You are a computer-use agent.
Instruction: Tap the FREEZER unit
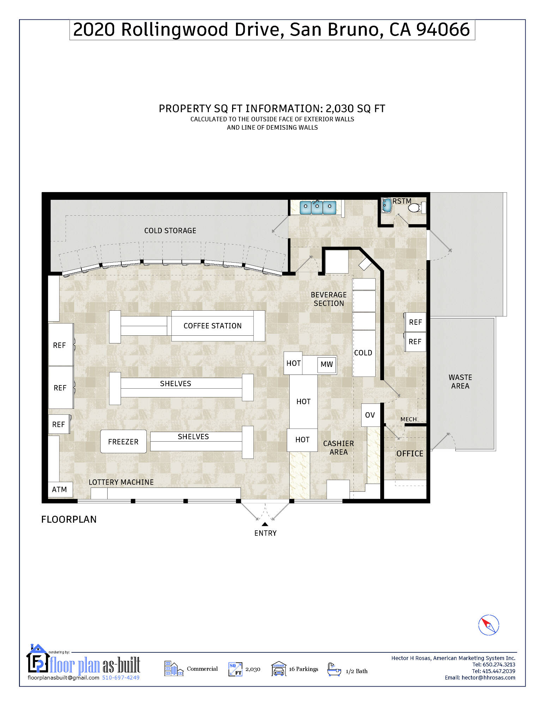tap(123, 442)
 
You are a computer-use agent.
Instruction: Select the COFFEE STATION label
tap(213, 326)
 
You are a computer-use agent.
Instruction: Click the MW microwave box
tap(327, 365)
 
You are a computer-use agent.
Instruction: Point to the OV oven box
tap(370, 415)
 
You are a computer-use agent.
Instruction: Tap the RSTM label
tap(402, 201)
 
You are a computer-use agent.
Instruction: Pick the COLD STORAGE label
tap(170, 231)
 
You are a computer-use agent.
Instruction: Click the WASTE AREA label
tap(460, 382)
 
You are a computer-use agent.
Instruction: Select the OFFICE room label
tap(410, 454)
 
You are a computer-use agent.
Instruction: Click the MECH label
tap(408, 419)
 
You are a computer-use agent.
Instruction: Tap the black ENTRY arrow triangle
tap(265, 524)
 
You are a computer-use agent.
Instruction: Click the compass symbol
tap(489, 625)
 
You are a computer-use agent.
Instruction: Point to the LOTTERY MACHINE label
tap(121, 482)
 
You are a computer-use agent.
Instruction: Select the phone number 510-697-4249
tap(121, 678)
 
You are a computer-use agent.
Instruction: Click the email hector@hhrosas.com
tap(489, 678)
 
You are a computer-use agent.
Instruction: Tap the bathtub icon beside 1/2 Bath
tap(334, 669)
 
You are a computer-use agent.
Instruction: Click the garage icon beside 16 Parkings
tap(279, 669)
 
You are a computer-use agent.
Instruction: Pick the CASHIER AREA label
tap(339, 448)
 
